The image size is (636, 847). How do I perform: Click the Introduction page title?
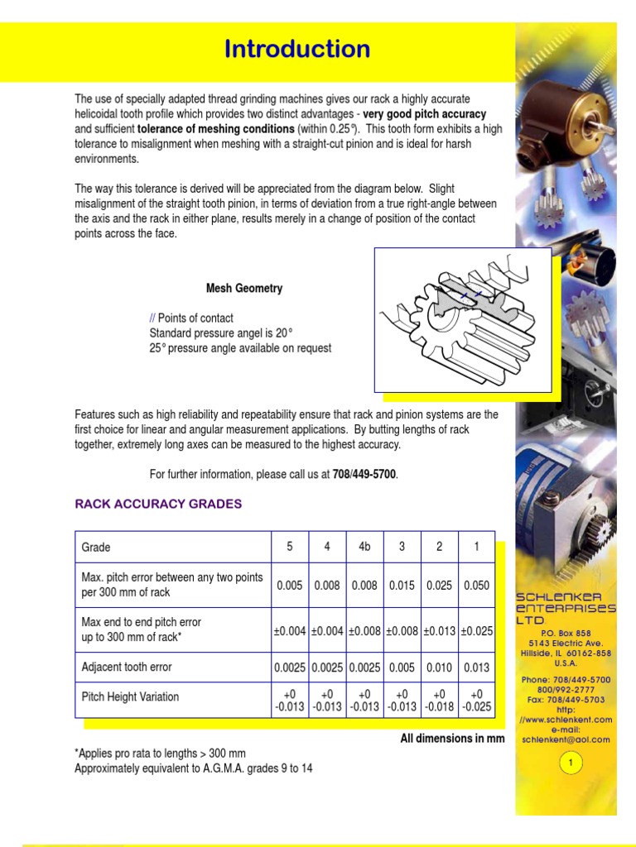click(297, 50)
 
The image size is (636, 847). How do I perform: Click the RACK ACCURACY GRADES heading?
click(158, 504)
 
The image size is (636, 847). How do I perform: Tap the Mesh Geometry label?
click(244, 289)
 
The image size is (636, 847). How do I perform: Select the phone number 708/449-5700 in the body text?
click(364, 474)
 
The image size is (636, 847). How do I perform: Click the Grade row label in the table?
click(96, 547)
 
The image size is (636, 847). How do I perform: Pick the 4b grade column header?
click(364, 547)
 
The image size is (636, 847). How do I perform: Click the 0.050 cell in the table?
click(476, 585)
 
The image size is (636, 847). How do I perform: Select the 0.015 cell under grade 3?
click(402, 585)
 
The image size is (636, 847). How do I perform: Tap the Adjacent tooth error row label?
click(127, 667)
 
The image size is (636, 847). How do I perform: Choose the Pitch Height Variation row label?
click(130, 697)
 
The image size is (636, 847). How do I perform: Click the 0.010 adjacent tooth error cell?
click(439, 667)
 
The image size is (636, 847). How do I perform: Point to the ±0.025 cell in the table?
click(476, 630)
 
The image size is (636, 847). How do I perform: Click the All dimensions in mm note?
click(452, 739)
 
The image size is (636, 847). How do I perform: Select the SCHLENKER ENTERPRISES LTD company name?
click(566, 608)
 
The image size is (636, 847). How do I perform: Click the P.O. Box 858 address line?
click(566, 633)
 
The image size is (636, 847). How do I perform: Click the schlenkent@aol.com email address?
click(566, 739)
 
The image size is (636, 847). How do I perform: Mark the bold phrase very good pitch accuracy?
click(425, 114)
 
